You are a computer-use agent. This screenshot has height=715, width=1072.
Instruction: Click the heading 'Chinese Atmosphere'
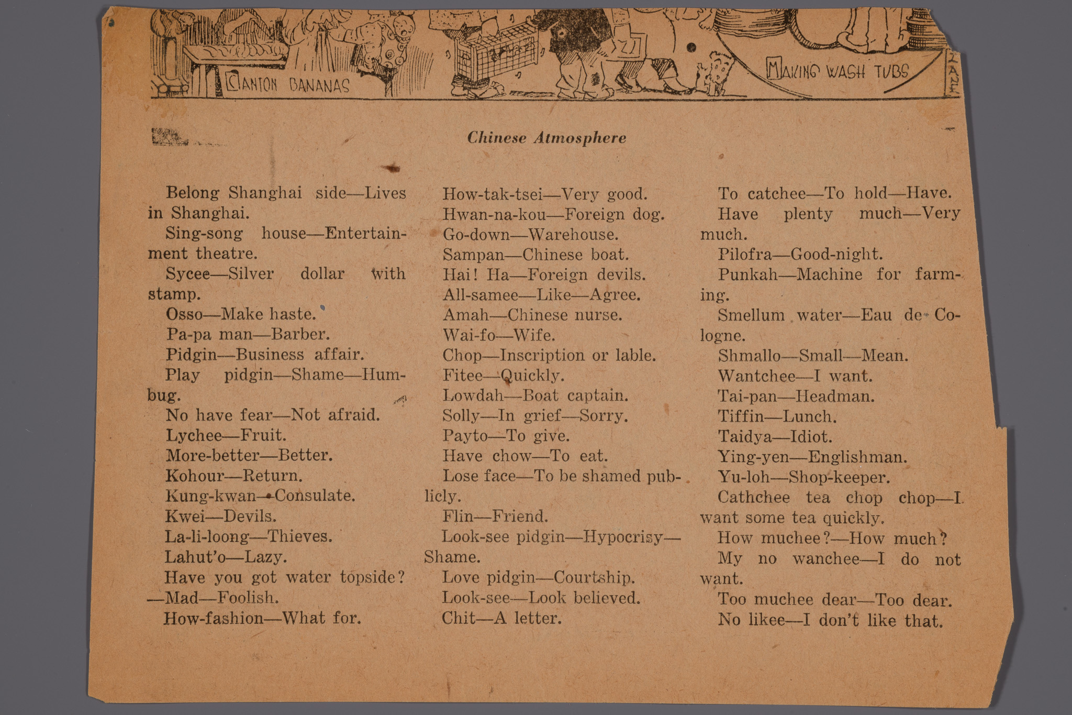click(x=546, y=138)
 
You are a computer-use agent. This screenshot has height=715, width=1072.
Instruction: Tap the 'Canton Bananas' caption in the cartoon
click(x=288, y=84)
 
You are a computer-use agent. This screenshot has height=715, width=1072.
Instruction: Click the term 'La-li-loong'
click(x=207, y=536)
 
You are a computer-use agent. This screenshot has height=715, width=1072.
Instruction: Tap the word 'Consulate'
click(x=315, y=496)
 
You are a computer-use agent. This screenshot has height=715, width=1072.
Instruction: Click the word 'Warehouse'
click(x=573, y=234)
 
